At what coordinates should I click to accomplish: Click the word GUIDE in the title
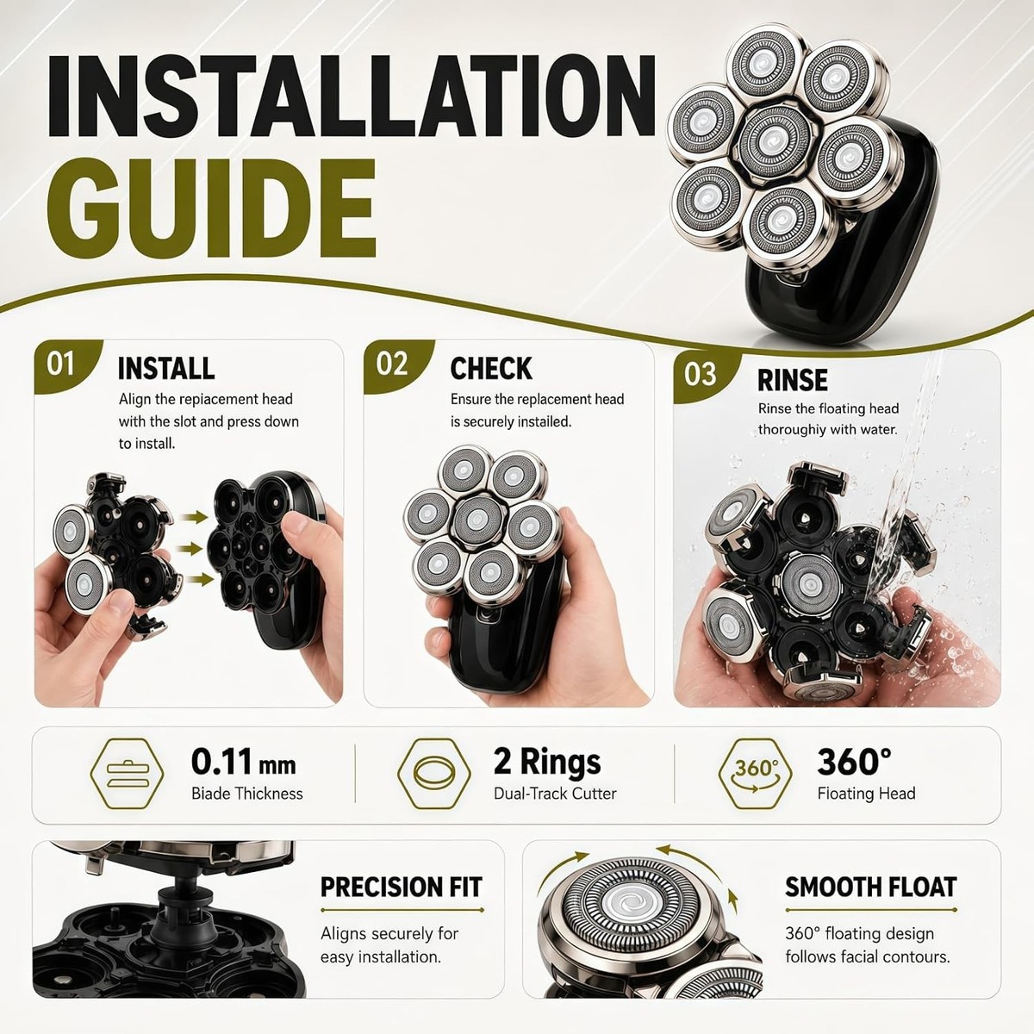tap(211, 209)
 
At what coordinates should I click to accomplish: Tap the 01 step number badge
tap(60, 364)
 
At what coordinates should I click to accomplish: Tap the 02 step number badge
tap(392, 364)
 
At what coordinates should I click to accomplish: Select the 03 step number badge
tap(701, 374)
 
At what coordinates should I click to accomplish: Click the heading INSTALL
tap(166, 369)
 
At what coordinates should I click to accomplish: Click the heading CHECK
tap(491, 369)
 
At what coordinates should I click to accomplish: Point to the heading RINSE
tap(793, 380)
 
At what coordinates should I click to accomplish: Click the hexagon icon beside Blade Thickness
tap(128, 773)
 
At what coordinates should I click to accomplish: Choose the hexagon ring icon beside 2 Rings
tap(433, 773)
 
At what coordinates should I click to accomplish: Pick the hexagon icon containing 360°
tap(755, 773)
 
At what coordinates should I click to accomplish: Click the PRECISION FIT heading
tap(402, 887)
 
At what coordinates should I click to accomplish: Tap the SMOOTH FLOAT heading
tap(871, 887)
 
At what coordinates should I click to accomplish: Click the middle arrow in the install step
tap(193, 548)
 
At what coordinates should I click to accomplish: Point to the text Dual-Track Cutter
tap(555, 794)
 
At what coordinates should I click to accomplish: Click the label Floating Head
tap(866, 794)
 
